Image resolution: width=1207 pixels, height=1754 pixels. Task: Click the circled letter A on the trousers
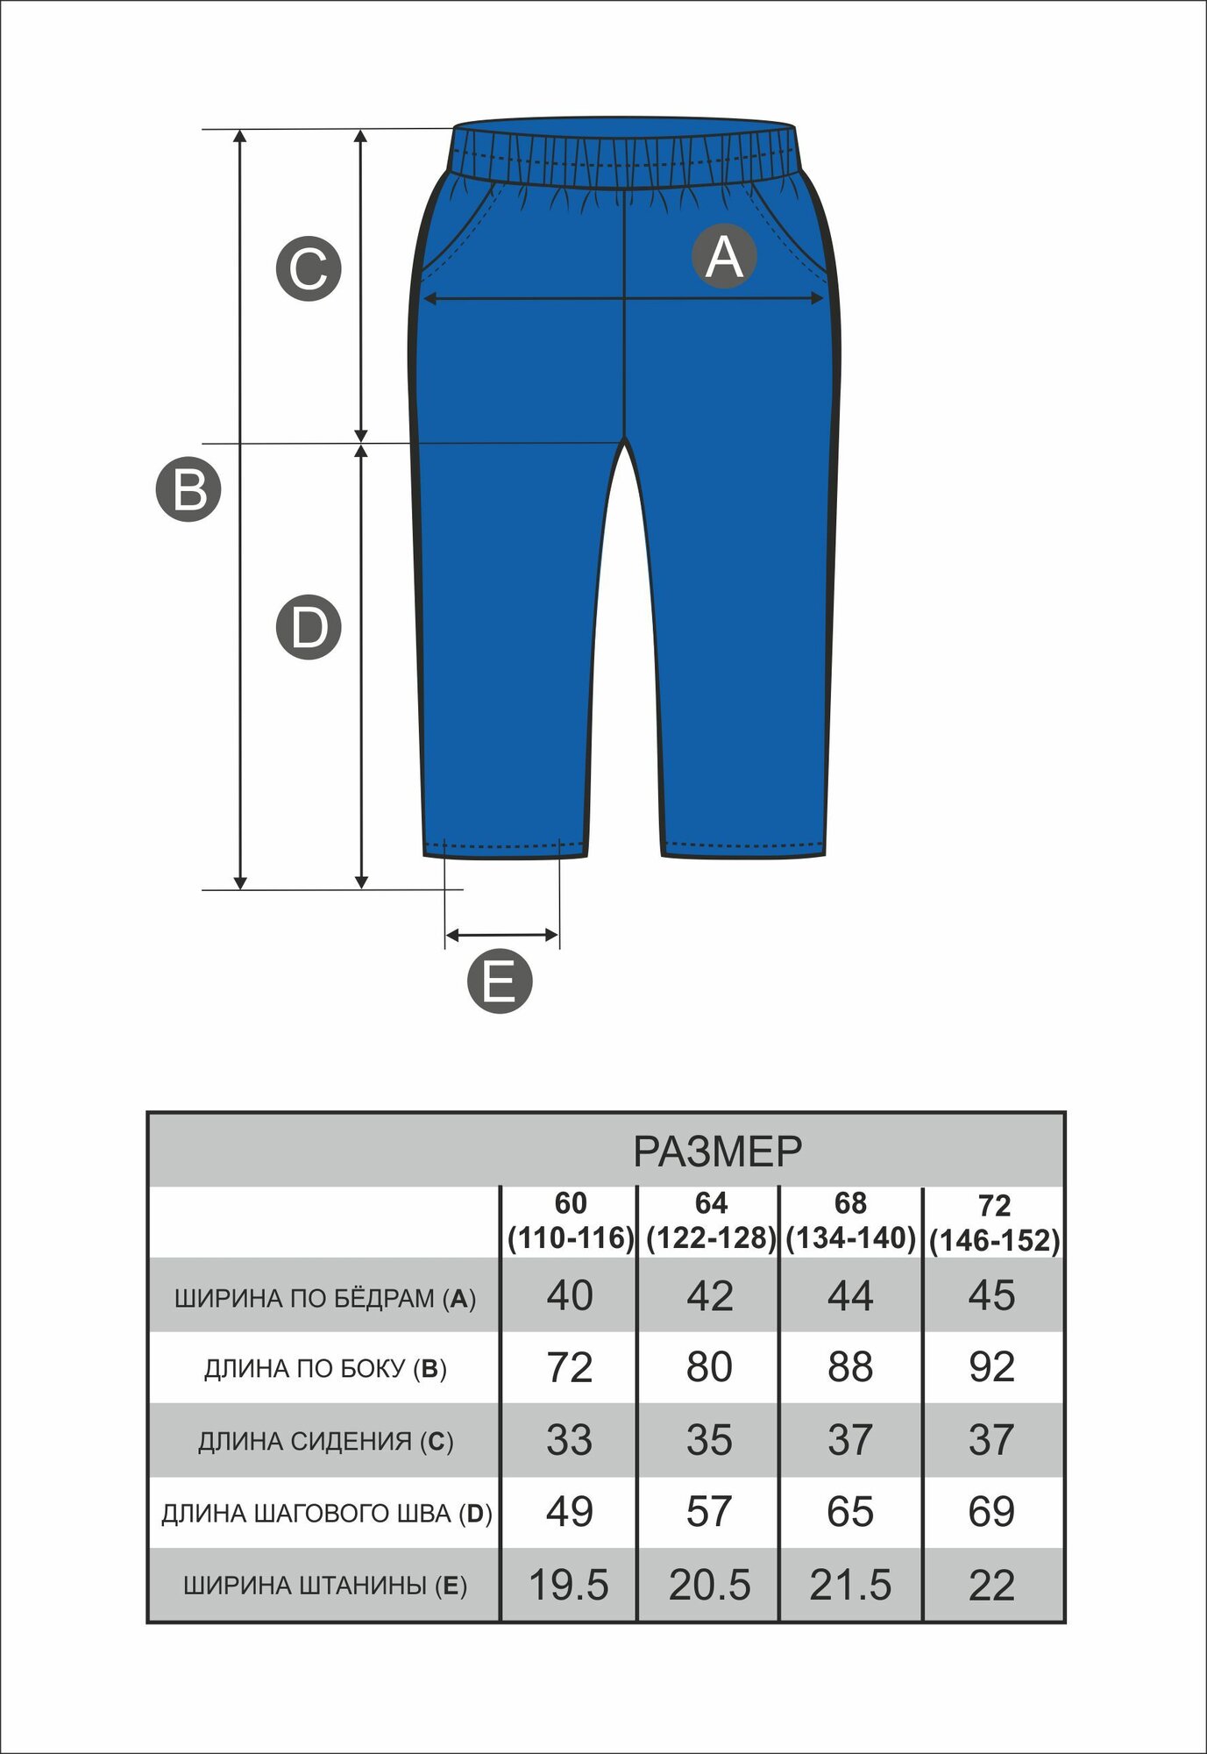(724, 256)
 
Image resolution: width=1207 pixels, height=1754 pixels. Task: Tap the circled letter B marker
(188, 489)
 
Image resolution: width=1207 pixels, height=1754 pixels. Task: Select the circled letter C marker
(309, 268)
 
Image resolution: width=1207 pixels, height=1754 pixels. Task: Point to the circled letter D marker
(309, 628)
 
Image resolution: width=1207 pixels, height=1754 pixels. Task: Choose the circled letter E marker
(500, 980)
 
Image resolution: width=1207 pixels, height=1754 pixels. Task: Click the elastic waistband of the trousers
(624, 155)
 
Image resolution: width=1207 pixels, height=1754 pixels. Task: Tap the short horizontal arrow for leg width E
(501, 935)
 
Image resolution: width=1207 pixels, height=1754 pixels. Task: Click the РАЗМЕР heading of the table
(717, 1152)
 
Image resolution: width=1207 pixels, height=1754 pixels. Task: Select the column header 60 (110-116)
(571, 1221)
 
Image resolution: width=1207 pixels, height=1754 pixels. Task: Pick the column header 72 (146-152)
(994, 1223)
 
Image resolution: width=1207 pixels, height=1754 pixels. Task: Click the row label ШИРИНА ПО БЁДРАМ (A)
(325, 1298)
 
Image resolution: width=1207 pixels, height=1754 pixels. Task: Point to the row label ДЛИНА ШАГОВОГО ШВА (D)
(326, 1514)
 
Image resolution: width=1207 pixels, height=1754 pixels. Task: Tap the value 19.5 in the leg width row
(569, 1586)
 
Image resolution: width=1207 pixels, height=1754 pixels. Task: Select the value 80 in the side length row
(709, 1367)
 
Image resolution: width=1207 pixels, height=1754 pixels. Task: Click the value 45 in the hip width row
(991, 1295)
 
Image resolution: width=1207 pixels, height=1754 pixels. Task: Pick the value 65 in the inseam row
(849, 1512)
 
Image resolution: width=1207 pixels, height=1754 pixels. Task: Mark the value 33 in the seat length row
(569, 1440)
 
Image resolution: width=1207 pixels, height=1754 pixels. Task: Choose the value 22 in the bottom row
(991, 1586)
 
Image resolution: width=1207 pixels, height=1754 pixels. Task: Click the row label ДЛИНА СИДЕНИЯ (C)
(325, 1442)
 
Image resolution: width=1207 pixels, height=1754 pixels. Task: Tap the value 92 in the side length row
(991, 1367)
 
